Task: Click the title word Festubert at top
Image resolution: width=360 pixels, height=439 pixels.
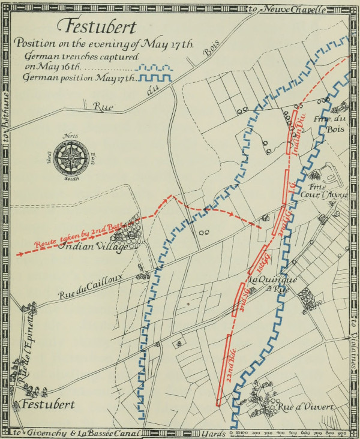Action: (97, 28)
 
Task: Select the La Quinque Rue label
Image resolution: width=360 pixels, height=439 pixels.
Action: (271, 283)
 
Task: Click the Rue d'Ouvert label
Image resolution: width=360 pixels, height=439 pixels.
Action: (305, 407)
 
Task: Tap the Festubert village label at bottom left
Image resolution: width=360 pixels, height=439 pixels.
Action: (48, 404)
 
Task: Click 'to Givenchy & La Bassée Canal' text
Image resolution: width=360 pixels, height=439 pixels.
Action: (78, 432)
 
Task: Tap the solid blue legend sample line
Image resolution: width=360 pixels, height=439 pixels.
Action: (155, 78)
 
